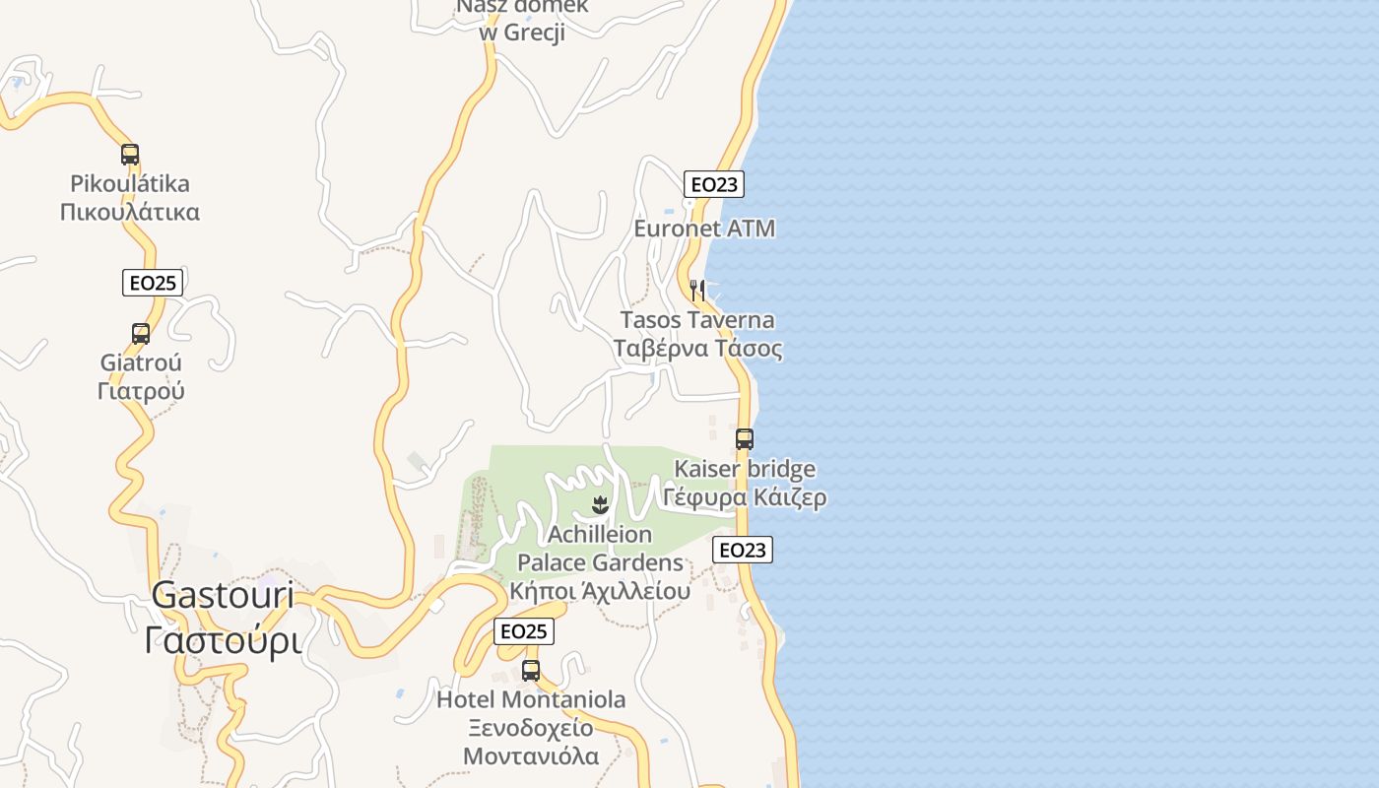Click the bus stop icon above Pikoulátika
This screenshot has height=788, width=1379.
[x=130, y=155]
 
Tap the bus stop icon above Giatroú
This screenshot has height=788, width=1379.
[x=141, y=334]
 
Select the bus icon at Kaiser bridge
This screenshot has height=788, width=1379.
[x=745, y=439]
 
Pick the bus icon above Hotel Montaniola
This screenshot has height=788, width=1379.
[x=531, y=671]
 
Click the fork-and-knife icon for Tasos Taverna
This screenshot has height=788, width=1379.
[x=697, y=291]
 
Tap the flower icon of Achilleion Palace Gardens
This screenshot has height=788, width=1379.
[x=599, y=506]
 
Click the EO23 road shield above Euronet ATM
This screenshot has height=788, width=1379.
[x=714, y=184]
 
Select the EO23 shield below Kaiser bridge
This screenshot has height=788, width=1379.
[x=743, y=550]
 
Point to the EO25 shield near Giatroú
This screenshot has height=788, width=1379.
[x=153, y=283]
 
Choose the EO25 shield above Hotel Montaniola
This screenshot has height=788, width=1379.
[x=523, y=631]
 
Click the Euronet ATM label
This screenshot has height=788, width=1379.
[x=704, y=229]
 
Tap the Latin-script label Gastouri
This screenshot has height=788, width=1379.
[x=224, y=595]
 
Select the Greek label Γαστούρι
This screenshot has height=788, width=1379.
[x=223, y=640]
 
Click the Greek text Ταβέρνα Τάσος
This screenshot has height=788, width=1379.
[x=698, y=349]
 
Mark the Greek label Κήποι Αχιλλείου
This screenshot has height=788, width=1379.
[x=600, y=592]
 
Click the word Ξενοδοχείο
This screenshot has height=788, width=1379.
[x=531, y=729]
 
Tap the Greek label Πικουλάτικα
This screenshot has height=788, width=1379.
[x=130, y=212]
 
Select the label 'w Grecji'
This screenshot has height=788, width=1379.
[x=522, y=33]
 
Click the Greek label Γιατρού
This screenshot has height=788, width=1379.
[x=141, y=391]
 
